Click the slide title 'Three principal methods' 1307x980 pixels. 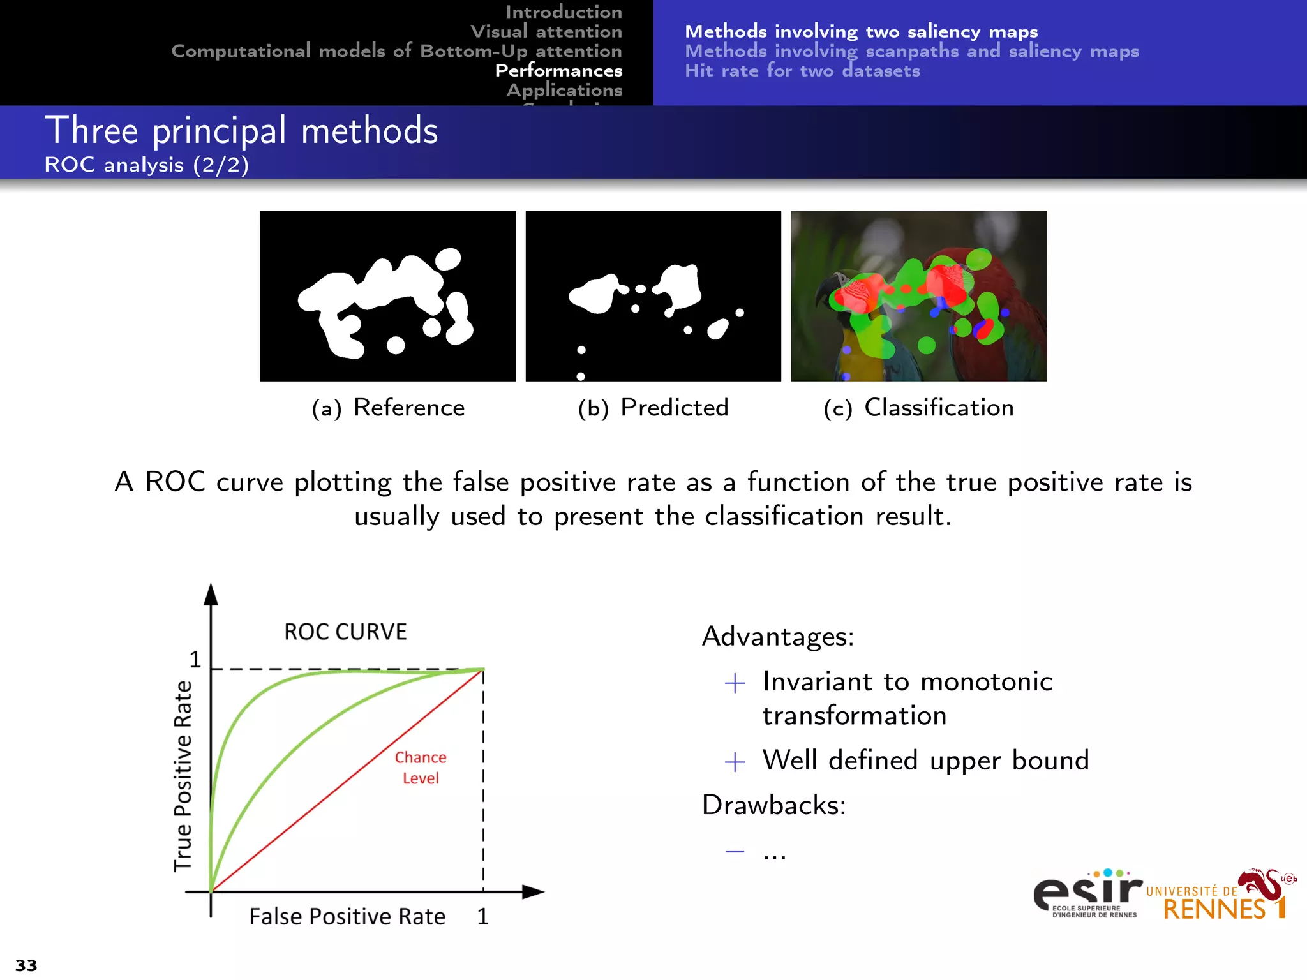point(241,131)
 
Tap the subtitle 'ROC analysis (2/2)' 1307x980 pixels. point(146,165)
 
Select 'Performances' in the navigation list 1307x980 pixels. point(558,70)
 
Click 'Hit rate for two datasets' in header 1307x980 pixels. point(802,71)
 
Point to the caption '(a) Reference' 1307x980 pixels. point(388,408)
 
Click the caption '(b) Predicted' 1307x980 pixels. point(653,408)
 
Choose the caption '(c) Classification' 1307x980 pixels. point(918,408)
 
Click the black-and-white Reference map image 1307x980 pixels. point(388,296)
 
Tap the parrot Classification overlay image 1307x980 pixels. point(918,296)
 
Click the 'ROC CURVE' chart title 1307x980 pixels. point(345,632)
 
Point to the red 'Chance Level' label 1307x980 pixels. point(421,768)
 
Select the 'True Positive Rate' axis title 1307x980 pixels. point(183,775)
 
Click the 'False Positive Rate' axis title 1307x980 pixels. point(347,916)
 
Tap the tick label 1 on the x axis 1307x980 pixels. point(482,916)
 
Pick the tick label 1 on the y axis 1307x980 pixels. point(195,659)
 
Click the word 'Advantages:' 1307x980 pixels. point(778,636)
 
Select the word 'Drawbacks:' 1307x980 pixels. point(773,805)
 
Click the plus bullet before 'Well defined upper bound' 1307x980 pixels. point(735,761)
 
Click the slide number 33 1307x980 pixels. point(26,965)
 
